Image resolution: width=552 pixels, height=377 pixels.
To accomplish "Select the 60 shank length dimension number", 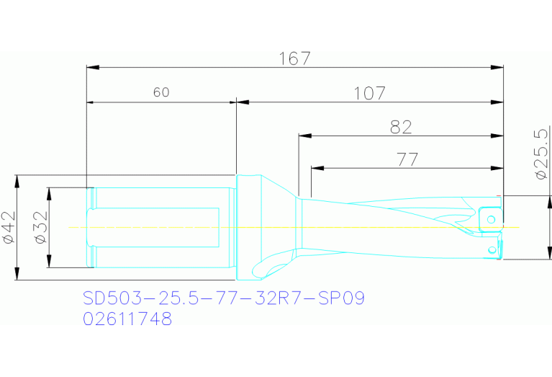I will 160,92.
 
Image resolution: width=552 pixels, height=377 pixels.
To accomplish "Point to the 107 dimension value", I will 369,93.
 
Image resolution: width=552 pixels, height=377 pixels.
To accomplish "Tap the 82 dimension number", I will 401,127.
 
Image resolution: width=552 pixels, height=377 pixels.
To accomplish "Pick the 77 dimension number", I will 407,160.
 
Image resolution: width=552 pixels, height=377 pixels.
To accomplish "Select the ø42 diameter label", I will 9,227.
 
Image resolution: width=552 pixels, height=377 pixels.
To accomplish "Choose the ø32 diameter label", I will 42,227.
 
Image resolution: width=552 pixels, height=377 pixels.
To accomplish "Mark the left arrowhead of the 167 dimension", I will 91,68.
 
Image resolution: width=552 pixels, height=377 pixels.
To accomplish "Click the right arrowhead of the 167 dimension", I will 498,68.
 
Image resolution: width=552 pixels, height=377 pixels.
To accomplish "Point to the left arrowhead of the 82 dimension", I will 304,136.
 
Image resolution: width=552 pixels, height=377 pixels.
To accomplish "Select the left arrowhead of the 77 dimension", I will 316,169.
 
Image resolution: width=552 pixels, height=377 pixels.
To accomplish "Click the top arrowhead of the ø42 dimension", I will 15,179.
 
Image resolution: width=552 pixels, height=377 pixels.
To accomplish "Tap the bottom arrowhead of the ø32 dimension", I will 49,262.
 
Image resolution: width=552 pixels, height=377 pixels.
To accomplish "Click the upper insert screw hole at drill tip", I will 490,218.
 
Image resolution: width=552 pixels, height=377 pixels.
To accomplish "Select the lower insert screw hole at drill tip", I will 492,249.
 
